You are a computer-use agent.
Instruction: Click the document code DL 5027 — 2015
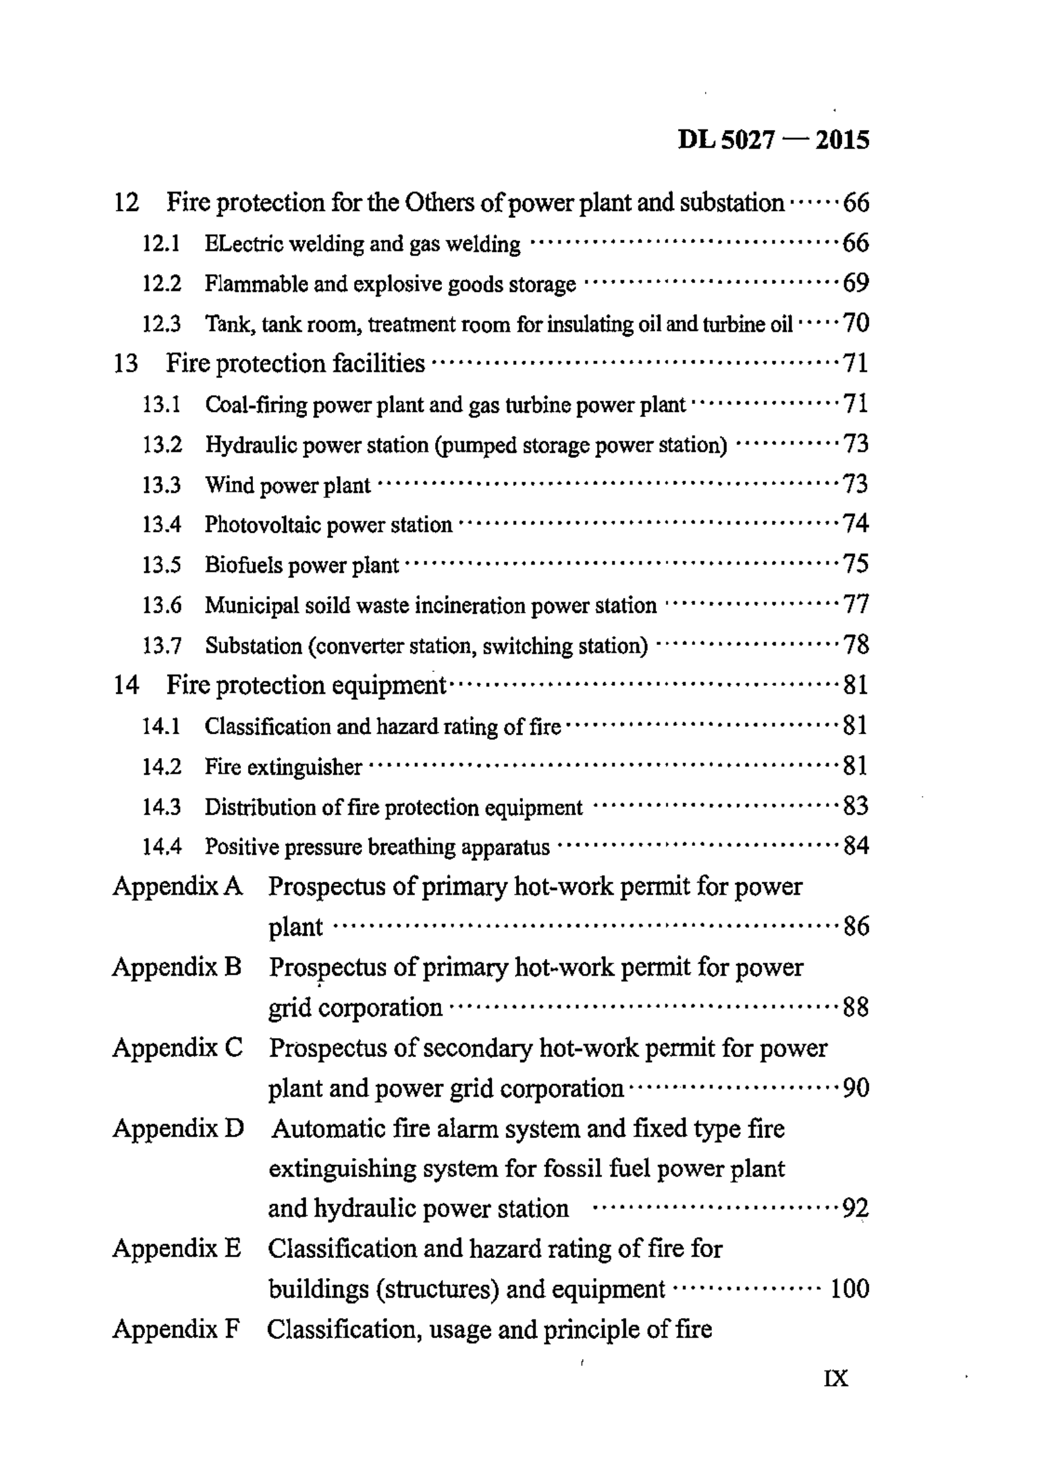(x=773, y=139)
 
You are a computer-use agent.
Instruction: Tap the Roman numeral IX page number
(x=836, y=1377)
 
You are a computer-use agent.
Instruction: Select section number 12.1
(x=161, y=244)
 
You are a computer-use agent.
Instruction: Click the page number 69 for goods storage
(x=856, y=283)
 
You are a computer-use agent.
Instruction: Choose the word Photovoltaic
(x=263, y=525)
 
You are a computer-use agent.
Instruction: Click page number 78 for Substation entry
(x=856, y=644)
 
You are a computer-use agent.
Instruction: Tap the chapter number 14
(x=126, y=686)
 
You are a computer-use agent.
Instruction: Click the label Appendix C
(x=178, y=1048)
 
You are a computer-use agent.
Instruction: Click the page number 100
(x=849, y=1289)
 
